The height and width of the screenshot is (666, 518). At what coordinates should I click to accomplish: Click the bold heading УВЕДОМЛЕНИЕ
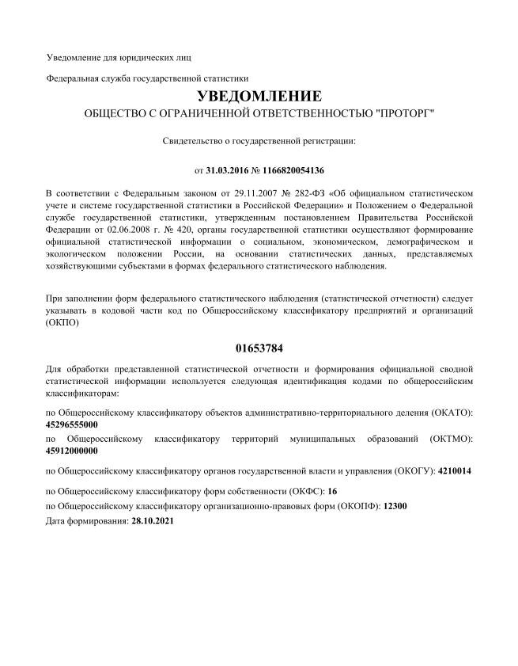click(x=259, y=97)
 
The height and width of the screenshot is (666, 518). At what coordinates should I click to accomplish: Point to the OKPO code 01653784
click(x=259, y=348)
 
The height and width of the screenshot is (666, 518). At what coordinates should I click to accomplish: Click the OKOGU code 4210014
click(x=455, y=471)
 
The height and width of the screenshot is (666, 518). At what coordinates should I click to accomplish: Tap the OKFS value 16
click(x=332, y=492)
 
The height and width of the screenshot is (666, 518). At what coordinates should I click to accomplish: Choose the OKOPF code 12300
click(x=395, y=505)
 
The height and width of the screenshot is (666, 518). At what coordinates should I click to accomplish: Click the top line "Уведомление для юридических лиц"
click(x=119, y=58)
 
